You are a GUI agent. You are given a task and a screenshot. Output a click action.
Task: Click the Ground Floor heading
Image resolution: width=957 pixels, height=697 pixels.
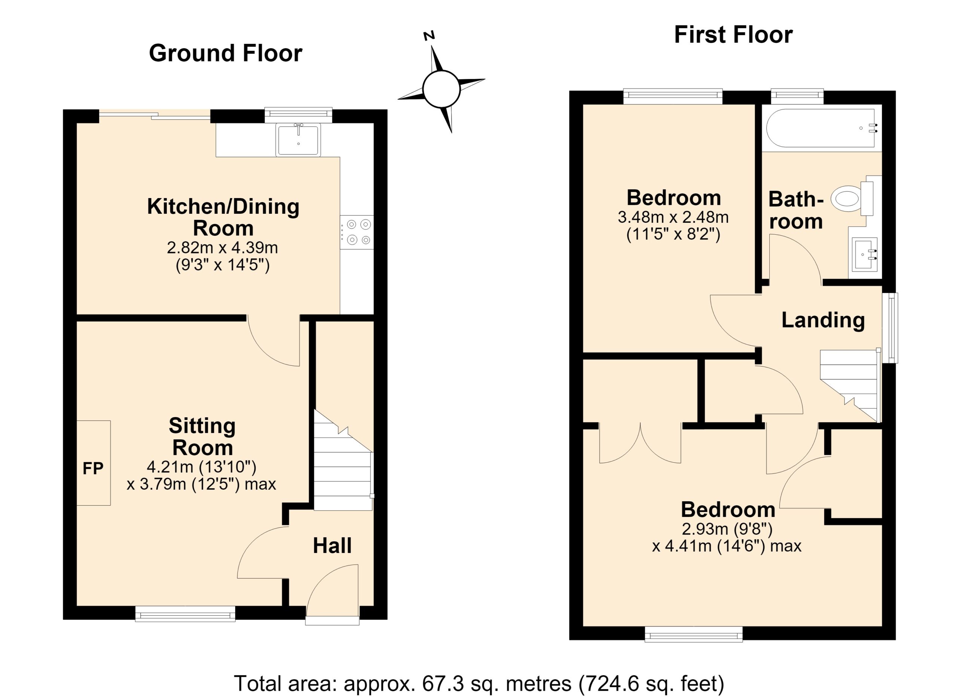pos(225,54)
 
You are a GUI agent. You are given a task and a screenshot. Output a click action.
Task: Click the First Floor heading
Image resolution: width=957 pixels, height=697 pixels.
pos(733,35)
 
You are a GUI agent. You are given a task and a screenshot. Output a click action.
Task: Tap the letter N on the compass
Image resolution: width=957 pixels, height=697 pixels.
pos(429,36)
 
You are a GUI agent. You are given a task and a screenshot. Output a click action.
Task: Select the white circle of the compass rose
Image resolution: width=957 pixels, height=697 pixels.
pos(441,89)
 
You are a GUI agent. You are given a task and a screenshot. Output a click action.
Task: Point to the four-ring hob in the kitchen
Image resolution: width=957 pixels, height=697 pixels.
pos(357,232)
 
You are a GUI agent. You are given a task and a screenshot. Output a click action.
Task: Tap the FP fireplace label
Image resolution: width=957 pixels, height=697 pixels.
pos(93,468)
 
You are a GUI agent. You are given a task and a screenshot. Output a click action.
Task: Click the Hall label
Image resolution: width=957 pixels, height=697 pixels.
pos(332,546)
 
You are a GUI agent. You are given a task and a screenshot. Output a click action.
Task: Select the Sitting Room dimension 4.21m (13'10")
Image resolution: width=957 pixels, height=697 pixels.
pos(202,467)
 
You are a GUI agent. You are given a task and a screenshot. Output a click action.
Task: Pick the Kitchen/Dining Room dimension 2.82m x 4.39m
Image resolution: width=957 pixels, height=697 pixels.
pos(222,247)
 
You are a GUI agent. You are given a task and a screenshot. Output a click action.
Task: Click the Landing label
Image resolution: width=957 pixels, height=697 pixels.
pos(823,320)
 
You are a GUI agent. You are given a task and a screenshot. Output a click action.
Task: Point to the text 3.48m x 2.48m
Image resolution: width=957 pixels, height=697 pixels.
pos(673,217)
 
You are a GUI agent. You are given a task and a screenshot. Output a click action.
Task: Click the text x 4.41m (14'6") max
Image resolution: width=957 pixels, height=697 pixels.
pos(727,546)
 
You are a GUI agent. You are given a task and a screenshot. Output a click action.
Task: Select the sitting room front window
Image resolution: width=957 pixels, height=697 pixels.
pos(185,614)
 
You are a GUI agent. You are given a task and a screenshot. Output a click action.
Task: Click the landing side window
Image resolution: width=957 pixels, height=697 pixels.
pos(891,328)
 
